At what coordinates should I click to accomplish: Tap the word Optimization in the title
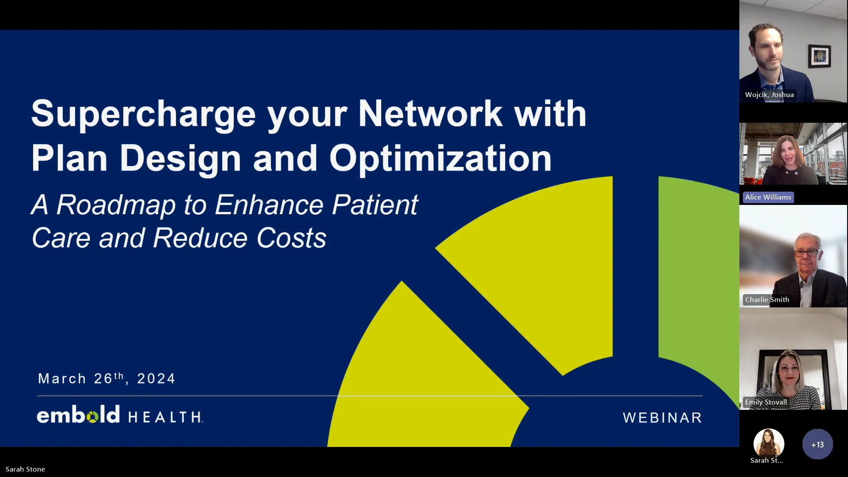440,159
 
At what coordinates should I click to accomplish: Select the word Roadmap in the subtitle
116,205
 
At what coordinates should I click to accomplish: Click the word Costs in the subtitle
291,238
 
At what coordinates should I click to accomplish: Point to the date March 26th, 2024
106,379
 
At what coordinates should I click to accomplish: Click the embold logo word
78,415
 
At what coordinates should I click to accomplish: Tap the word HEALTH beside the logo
165,417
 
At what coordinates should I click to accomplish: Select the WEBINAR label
662,418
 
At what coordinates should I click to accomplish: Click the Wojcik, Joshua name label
769,95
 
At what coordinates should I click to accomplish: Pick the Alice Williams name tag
768,197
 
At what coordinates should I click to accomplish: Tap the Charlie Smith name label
767,300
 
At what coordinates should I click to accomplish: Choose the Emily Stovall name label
765,402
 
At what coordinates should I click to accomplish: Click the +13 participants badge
817,444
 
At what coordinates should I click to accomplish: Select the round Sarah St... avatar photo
768,442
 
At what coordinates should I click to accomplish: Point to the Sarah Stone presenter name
25,469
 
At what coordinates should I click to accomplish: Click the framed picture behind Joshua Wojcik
819,56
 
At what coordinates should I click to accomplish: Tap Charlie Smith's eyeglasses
806,253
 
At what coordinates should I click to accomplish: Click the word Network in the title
430,114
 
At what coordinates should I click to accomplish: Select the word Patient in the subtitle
375,205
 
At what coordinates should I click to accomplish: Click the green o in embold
93,416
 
